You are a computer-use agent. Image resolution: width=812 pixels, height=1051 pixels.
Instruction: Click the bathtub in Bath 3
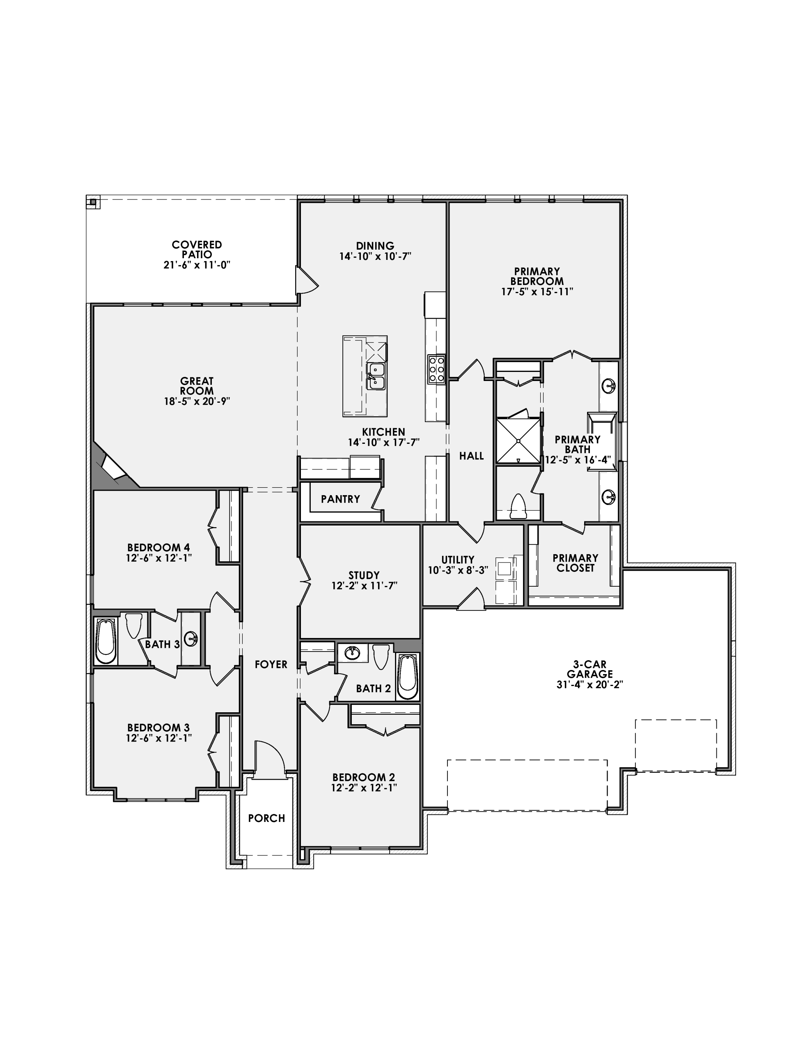coord(106,641)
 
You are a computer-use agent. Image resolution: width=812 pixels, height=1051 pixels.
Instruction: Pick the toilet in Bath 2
coord(381,656)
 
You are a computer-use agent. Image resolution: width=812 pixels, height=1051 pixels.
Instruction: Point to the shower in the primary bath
coord(518,441)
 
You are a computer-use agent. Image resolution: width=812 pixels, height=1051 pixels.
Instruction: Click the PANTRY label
coord(340,499)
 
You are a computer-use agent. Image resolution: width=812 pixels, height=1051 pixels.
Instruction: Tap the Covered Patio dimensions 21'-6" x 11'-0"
coord(197,265)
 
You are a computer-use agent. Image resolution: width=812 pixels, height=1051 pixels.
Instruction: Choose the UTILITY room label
coord(458,560)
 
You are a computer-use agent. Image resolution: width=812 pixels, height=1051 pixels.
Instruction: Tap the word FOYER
coord(271,665)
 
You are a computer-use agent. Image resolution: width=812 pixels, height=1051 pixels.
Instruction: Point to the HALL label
coord(471,456)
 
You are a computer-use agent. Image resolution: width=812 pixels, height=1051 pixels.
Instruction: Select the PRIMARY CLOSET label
coord(575,562)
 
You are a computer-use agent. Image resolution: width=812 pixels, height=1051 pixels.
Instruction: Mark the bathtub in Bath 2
coord(407,677)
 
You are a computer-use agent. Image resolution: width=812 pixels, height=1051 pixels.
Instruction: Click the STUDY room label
coord(364,575)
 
